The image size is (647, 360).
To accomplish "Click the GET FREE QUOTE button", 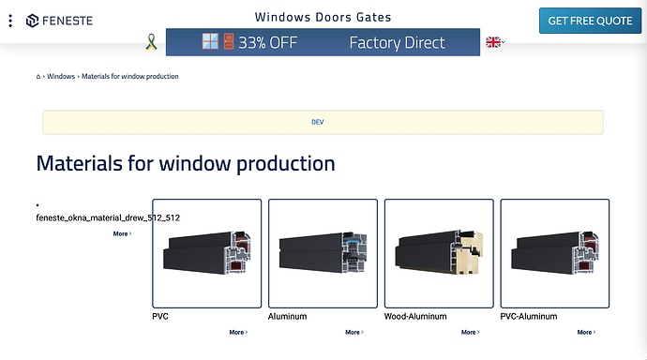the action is tap(590, 21).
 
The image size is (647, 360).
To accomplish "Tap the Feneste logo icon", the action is tap(32, 21).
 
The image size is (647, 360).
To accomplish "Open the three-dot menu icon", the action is tap(10, 21).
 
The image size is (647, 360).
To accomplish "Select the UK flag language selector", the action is tap(493, 42).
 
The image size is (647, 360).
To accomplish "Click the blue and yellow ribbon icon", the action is tap(151, 42).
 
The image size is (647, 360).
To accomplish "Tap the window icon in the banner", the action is tap(210, 41).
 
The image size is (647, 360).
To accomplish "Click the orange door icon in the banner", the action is tap(229, 41).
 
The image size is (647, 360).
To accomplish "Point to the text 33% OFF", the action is tap(268, 42).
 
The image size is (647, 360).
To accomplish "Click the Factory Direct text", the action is tap(397, 43).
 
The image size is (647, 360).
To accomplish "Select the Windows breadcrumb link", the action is tap(61, 76).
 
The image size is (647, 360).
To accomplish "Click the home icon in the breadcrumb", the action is tap(38, 76).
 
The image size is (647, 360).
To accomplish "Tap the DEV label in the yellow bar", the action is tap(317, 122).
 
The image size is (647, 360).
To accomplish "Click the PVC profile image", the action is tap(206, 253).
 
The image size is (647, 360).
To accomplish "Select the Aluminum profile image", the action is tap(323, 253).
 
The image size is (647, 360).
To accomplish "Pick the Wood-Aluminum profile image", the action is tap(439, 253).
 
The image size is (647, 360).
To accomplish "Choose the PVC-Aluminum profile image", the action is tap(554, 253).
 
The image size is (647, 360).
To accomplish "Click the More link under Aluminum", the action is tap(354, 332).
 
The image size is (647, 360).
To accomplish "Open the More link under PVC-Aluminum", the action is tap(586, 332).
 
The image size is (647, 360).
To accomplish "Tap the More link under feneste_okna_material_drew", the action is tap(122, 233).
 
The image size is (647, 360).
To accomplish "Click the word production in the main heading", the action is tap(286, 164).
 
